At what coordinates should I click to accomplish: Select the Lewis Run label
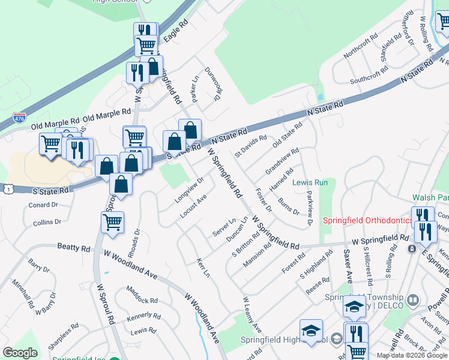[x=310, y=182]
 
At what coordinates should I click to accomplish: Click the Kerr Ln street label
[x=203, y=268]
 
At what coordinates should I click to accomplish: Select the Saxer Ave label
[x=348, y=268]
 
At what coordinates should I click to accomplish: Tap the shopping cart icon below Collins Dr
[x=112, y=223]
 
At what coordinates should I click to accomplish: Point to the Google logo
[x=20, y=353]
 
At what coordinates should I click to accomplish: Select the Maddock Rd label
[x=142, y=295]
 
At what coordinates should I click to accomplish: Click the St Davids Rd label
[x=250, y=146]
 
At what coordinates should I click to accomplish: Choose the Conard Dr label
[x=43, y=205]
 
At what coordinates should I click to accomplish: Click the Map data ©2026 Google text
[x=411, y=355]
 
